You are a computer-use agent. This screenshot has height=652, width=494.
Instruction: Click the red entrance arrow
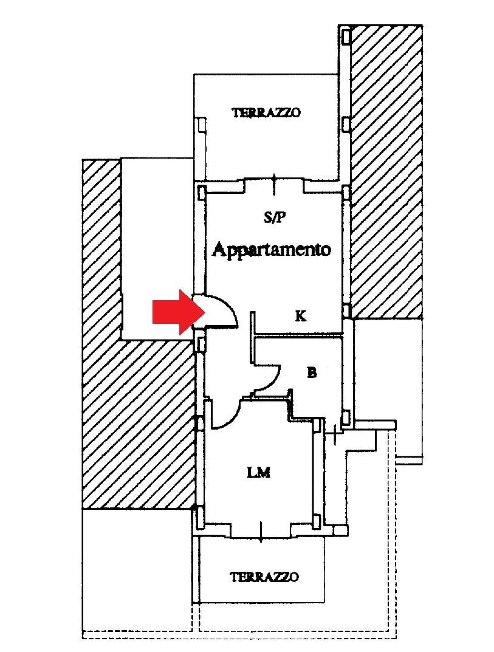[x=179, y=312]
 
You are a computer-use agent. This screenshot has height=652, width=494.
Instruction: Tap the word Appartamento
[x=272, y=250]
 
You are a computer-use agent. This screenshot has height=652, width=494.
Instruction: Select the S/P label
[x=275, y=217]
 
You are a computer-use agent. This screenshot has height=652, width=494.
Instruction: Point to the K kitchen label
[x=301, y=316]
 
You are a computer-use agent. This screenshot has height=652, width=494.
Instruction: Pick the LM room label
[x=259, y=472]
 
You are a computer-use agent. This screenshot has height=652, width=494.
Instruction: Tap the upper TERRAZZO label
[x=266, y=112]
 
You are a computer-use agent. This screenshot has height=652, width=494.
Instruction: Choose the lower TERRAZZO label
[x=264, y=577]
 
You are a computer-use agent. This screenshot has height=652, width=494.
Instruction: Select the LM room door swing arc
[x=225, y=414]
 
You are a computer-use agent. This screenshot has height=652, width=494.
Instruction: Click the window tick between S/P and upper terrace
[x=274, y=184]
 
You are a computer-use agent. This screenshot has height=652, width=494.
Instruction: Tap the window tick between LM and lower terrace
[x=260, y=532]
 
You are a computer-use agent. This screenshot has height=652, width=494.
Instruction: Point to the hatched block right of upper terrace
[x=386, y=171]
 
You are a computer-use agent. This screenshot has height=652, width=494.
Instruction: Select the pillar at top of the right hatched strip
[x=346, y=36]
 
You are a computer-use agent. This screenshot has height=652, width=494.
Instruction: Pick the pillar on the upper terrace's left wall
[x=201, y=125]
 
